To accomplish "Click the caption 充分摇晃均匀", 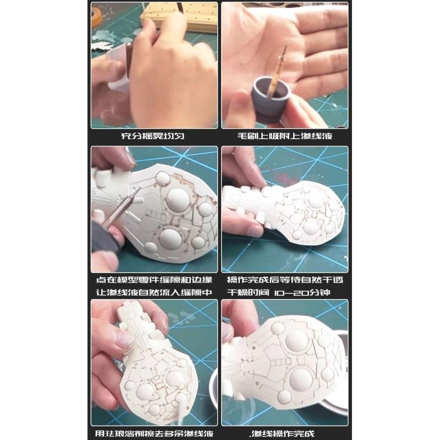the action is point(153,136).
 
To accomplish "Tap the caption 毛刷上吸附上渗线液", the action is point(285,136).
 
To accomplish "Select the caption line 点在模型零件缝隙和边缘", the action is point(154,280).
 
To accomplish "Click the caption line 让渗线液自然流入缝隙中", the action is point(154,293).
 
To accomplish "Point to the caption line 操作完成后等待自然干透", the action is point(285,280).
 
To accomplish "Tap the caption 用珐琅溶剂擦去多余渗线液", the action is point(154,433).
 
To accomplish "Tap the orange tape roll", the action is point(96,16).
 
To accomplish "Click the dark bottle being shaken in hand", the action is point(129,59).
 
